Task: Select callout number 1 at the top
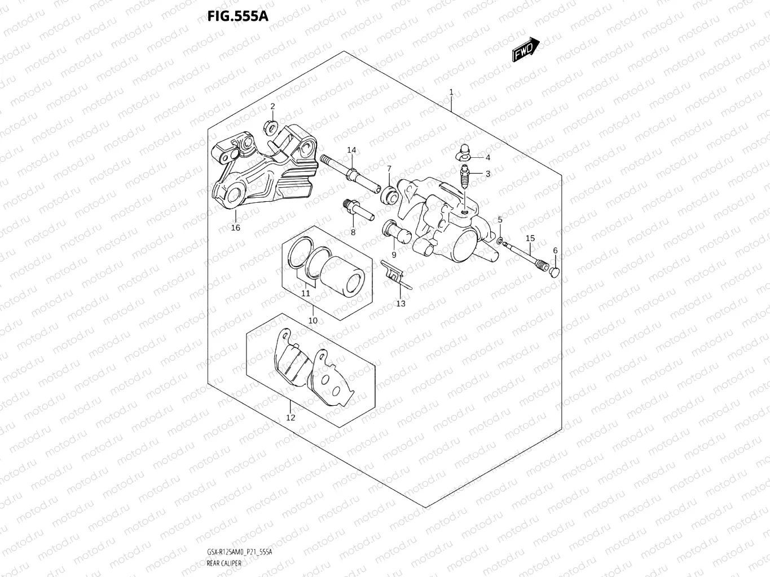click(x=451, y=92)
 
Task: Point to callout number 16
click(x=235, y=228)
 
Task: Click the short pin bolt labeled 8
click(x=357, y=210)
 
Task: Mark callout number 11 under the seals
click(x=306, y=294)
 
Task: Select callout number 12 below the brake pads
click(x=291, y=418)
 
